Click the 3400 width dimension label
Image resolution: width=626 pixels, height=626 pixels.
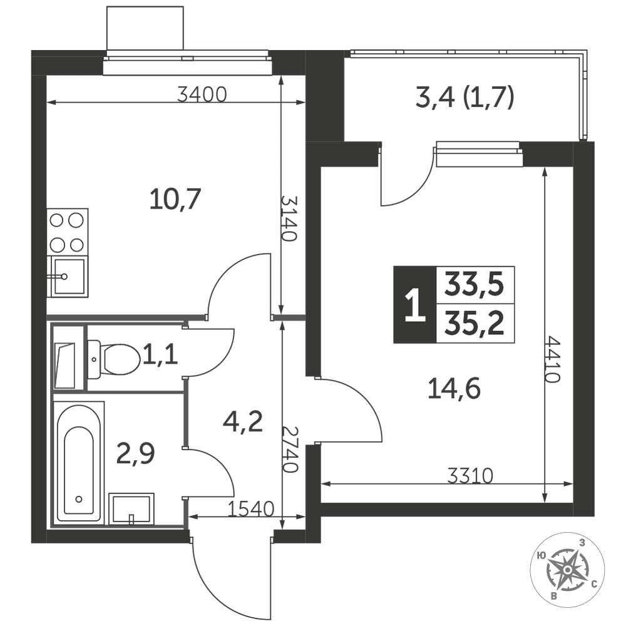click(x=202, y=95)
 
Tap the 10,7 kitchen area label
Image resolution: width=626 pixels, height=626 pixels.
click(x=175, y=200)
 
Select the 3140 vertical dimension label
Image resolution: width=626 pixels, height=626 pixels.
click(x=289, y=218)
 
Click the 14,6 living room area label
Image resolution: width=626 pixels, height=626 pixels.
click(x=454, y=389)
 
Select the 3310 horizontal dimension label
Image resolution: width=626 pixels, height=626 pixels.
click(x=470, y=476)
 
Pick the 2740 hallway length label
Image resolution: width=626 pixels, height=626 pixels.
click(x=289, y=449)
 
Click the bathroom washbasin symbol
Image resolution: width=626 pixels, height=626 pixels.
click(x=131, y=509)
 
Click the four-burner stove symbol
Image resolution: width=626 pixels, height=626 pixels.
click(x=68, y=232)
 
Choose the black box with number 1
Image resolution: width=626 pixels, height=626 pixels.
click(x=415, y=305)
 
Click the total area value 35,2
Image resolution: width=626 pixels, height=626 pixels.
click(x=475, y=324)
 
